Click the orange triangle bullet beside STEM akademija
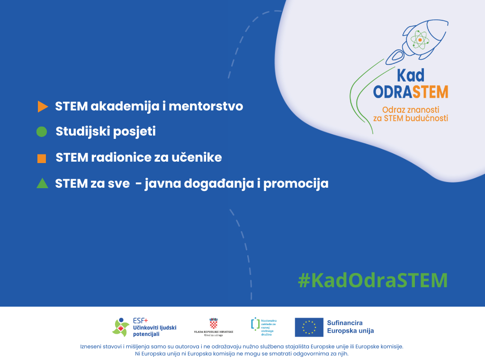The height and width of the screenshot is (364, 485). [x=42, y=107]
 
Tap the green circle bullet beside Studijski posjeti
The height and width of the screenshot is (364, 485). [x=42, y=132]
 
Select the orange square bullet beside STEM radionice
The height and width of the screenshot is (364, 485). [x=42, y=158]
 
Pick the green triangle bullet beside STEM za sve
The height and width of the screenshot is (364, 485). [x=42, y=183]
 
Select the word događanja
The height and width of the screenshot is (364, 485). [x=219, y=184]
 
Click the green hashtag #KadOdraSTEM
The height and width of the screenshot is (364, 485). [x=372, y=280]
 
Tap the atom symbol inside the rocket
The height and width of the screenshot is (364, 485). [x=419, y=40]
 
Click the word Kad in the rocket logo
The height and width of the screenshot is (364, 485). [x=410, y=75]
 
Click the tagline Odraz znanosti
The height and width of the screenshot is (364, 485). [x=410, y=109]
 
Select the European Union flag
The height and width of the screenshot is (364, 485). [x=309, y=327]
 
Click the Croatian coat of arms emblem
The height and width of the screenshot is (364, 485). [x=214, y=324]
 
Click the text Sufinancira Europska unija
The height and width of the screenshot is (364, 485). [x=350, y=327]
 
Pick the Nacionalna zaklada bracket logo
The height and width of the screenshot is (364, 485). [x=255, y=324]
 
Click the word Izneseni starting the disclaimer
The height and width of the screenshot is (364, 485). [x=91, y=346]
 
